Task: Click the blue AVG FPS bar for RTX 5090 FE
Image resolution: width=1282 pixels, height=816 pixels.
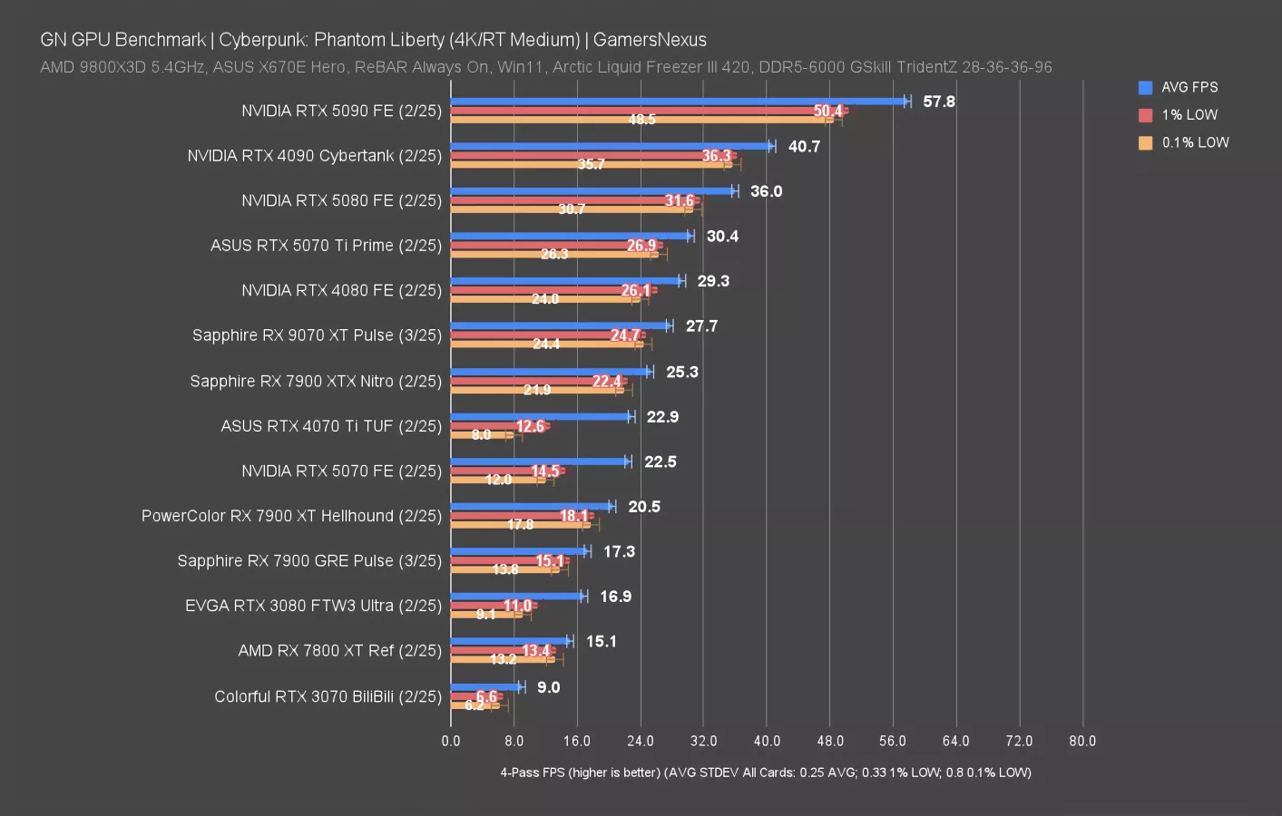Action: point(679,102)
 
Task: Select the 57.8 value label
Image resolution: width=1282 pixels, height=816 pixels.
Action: point(938,102)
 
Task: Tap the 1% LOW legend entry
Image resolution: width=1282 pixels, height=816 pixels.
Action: point(1189,115)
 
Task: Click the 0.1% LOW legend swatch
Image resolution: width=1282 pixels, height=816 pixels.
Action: point(1145,142)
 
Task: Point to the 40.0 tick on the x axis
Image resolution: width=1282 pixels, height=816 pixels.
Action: point(767,741)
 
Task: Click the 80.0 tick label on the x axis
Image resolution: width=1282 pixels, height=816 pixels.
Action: point(1081,741)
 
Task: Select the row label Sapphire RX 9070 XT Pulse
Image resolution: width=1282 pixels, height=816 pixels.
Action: point(317,335)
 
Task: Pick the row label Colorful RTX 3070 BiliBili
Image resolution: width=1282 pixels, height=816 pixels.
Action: point(328,696)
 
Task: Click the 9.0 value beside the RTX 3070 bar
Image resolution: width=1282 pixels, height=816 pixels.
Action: point(548,687)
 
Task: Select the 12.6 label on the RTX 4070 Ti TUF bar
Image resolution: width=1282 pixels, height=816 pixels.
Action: point(530,426)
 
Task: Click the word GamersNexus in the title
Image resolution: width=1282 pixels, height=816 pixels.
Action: point(650,40)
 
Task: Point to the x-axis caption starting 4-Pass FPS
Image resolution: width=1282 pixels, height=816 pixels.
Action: point(765,772)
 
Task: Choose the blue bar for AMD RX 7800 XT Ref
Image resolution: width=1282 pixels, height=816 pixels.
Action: point(510,641)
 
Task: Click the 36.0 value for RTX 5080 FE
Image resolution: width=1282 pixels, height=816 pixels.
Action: point(766,191)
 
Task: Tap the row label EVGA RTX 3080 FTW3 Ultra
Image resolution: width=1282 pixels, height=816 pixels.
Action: point(313,606)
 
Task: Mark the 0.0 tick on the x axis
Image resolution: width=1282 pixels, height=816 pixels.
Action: point(451,741)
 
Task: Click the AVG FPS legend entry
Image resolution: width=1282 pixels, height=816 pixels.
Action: point(1189,87)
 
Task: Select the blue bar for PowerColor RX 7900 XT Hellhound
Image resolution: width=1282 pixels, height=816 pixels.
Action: point(531,506)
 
